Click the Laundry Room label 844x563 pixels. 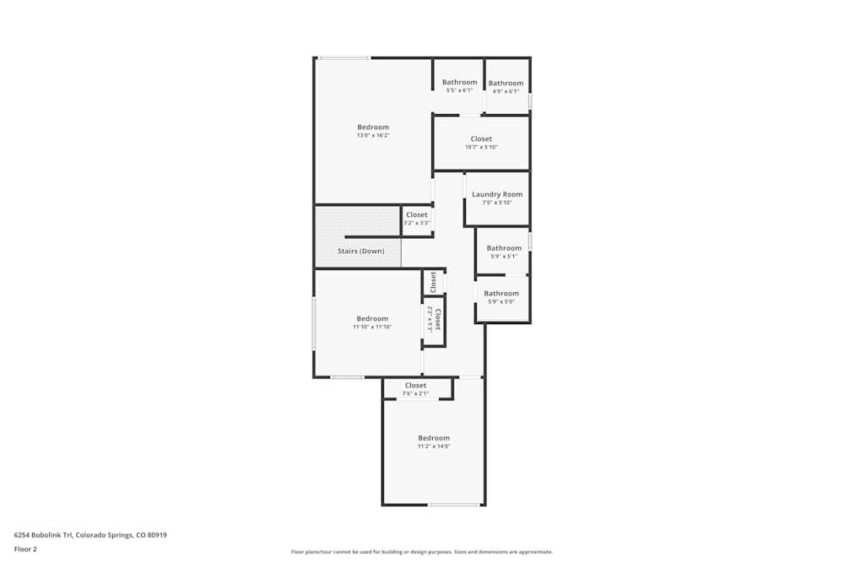(x=497, y=194)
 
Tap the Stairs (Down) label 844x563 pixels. (x=360, y=252)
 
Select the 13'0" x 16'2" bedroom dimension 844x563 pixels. (x=373, y=136)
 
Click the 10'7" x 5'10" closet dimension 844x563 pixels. (x=481, y=147)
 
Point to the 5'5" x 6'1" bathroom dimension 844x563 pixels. (x=459, y=90)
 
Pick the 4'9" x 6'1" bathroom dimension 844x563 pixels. (x=506, y=91)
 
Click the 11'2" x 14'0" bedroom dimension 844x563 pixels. (x=434, y=447)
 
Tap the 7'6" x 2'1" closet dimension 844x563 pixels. (x=415, y=393)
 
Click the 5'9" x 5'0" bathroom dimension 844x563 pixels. (x=500, y=302)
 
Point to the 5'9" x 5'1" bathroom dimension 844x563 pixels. (x=503, y=257)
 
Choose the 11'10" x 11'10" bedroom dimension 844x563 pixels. (x=372, y=327)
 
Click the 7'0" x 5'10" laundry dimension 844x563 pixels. (x=497, y=203)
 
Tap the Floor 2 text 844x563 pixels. (x=25, y=549)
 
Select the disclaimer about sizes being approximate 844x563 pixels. (x=421, y=552)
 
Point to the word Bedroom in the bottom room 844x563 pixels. (x=434, y=438)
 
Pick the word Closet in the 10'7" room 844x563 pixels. (x=481, y=138)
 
